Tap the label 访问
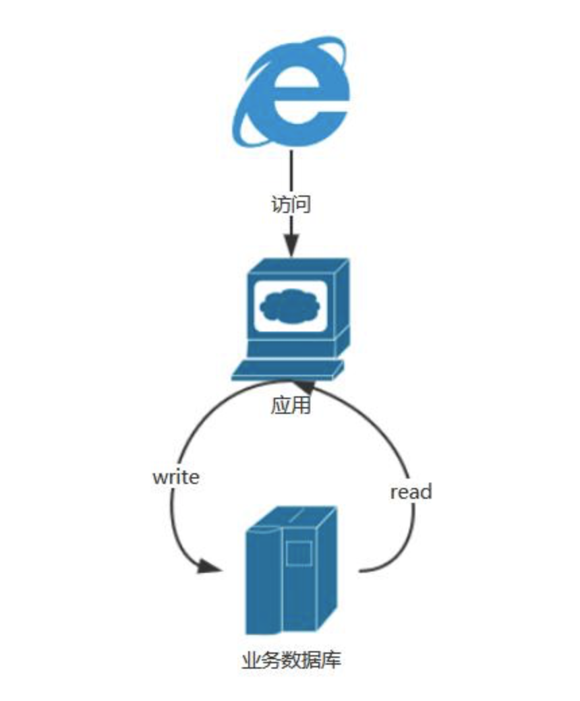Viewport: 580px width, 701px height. [x=291, y=204]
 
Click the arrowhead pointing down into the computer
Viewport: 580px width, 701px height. [x=291, y=245]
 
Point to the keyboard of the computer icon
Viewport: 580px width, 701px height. [x=287, y=370]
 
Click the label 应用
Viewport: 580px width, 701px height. [x=291, y=406]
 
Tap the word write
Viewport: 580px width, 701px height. [x=176, y=477]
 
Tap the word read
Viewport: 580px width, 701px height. [x=411, y=492]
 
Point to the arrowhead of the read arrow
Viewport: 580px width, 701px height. [x=304, y=386]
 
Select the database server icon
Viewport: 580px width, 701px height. [x=291, y=570]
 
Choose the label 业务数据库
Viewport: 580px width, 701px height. [x=291, y=659]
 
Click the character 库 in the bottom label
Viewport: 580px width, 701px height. [x=331, y=659]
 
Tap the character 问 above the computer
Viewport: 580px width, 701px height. [x=301, y=204]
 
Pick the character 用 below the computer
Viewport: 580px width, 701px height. [x=301, y=406]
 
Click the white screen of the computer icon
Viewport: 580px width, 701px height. [x=291, y=306]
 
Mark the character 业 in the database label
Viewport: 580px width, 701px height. [x=251, y=659]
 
